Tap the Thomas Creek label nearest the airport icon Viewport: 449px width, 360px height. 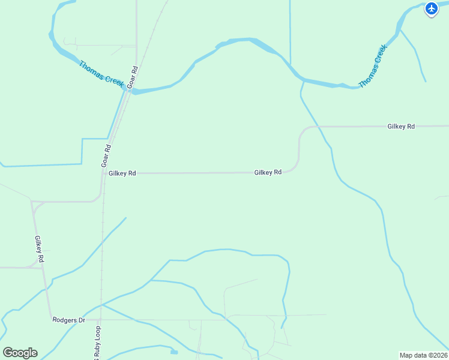click(x=372, y=65)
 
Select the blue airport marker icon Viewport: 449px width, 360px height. click(x=432, y=8)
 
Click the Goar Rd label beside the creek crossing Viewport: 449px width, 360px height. click(x=133, y=77)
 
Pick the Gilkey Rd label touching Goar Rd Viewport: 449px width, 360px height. click(x=122, y=173)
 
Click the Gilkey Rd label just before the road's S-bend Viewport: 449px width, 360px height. click(x=268, y=172)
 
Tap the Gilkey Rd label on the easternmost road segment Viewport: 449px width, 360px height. click(x=401, y=127)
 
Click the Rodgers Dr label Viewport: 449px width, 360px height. click(x=68, y=320)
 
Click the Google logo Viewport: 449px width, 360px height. click(x=20, y=352)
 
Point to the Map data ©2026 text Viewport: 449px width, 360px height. click(x=423, y=355)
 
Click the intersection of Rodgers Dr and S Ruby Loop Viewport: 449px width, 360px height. click(x=101, y=320)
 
